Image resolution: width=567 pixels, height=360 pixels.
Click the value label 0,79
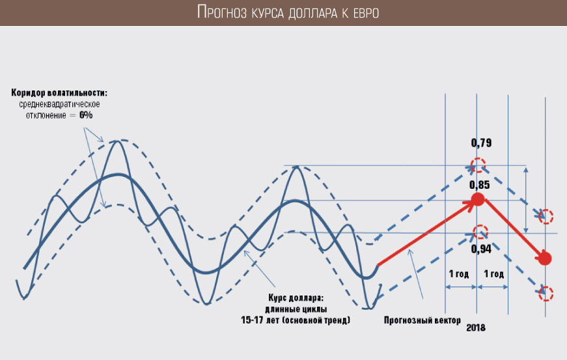tap(481, 143)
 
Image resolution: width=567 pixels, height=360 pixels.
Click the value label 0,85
tap(480, 185)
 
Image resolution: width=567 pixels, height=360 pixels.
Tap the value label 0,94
tap(481, 249)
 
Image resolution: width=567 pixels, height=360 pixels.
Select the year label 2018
tap(475, 328)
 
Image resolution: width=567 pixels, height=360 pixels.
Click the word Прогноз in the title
tap(222, 12)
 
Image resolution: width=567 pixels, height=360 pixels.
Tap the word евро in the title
tap(366, 14)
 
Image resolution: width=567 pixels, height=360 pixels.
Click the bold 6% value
tap(86, 115)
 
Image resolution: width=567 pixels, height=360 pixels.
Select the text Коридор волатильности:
tap(59, 93)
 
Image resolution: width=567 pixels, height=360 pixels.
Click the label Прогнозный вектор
tap(422, 320)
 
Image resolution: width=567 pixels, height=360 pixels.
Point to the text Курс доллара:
tap(296, 298)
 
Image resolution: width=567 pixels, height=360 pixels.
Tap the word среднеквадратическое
tap(59, 104)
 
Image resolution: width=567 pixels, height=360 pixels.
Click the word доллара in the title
tap(312, 14)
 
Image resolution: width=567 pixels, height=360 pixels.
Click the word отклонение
tap(46, 116)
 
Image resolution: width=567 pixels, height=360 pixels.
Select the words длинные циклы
tap(296, 309)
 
